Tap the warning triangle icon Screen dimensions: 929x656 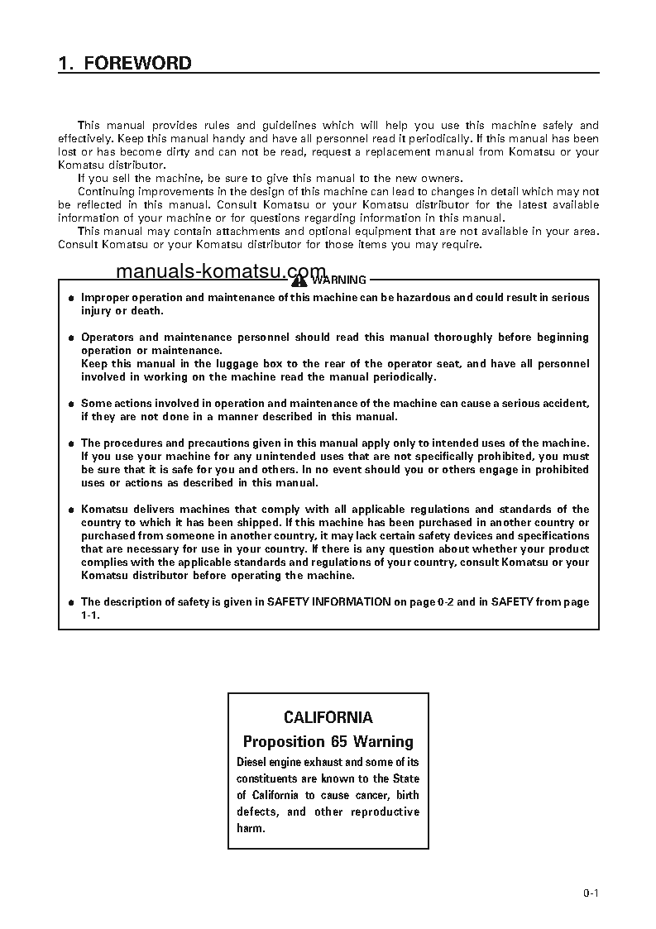pyautogui.click(x=299, y=280)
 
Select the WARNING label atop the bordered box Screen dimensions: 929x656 pyautogui.click(x=338, y=280)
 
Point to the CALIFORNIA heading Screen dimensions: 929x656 pyautogui.click(x=328, y=717)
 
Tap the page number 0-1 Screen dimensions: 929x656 pyautogui.click(x=590, y=893)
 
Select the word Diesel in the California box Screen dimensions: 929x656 pyautogui.click(x=253, y=762)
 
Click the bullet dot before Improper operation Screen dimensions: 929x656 pyautogui.click(x=71, y=298)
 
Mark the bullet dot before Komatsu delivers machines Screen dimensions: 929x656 pyautogui.click(x=71, y=510)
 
